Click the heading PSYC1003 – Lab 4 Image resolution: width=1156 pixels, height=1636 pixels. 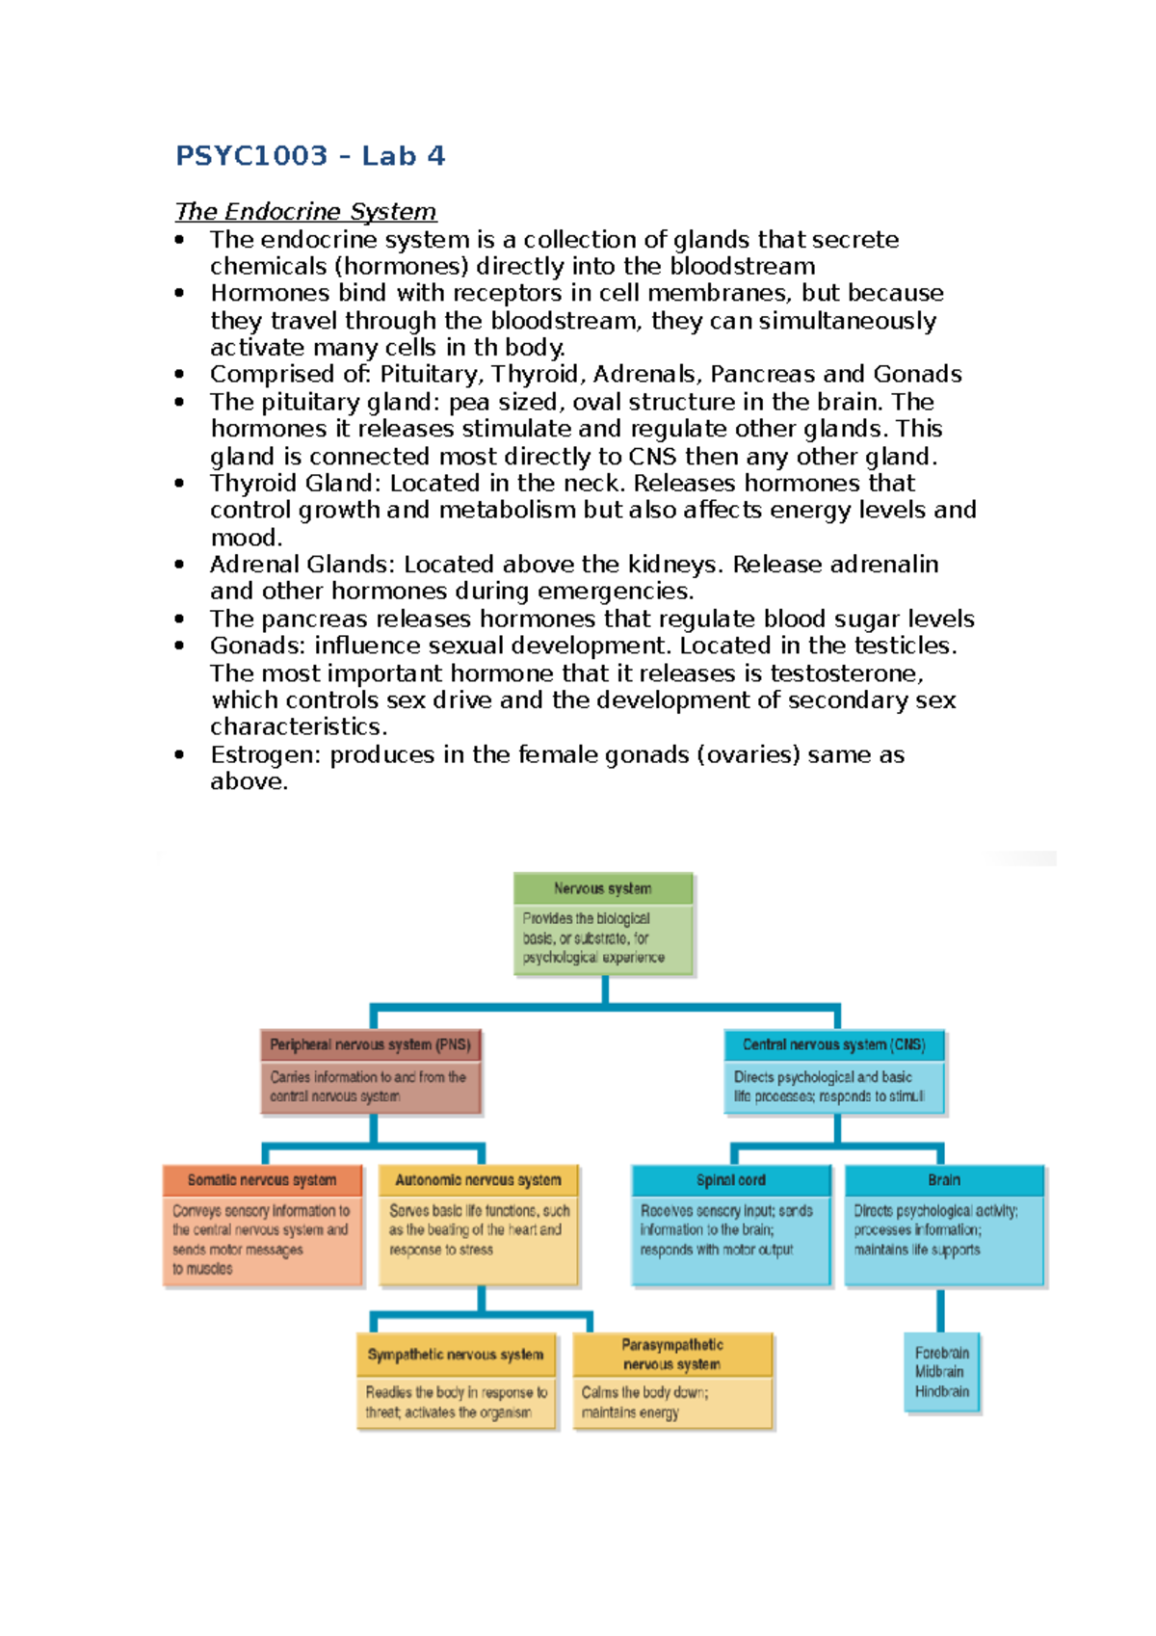point(309,155)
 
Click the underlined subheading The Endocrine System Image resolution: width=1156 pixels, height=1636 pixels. point(305,211)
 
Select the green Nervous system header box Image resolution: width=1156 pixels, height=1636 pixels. point(603,888)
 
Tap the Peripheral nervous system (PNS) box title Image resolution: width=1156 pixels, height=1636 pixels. point(370,1044)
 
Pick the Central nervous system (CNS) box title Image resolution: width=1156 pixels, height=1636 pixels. point(833,1044)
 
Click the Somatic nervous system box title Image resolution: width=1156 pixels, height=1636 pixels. point(262,1180)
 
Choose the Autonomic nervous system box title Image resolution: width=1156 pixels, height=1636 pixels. point(478,1180)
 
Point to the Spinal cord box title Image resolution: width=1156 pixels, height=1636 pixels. point(731,1180)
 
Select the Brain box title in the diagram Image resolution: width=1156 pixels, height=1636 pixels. point(944,1180)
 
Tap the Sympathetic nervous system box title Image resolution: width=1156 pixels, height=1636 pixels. point(455,1355)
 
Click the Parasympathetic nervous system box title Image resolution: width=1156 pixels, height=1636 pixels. point(672,1355)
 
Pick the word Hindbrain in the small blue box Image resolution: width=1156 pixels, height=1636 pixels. point(942,1391)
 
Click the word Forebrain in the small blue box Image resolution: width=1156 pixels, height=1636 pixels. point(942,1353)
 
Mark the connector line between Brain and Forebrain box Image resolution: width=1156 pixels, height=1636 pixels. point(941,1310)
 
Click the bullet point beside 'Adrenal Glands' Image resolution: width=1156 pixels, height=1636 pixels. point(179,565)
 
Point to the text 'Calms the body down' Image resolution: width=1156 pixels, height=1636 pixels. point(644,1392)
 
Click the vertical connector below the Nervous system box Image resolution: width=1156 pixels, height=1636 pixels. point(605,990)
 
